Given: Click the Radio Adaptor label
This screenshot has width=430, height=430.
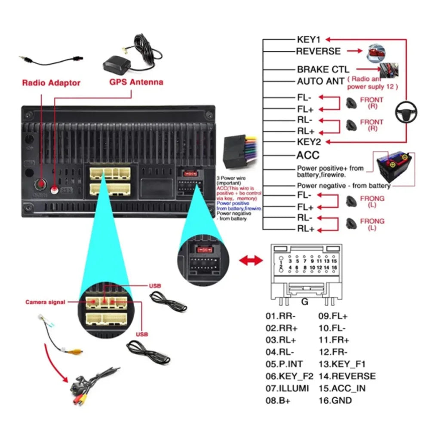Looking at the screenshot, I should coord(51,83).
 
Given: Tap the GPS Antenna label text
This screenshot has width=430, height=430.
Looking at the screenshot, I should coord(136,82).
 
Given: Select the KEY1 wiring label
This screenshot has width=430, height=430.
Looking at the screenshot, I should coord(309,39).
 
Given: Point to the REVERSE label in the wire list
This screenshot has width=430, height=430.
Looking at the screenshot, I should coord(318,51).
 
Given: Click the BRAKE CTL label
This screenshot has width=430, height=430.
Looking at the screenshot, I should coord(323,69).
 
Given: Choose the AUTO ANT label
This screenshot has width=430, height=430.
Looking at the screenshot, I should coord(320,81).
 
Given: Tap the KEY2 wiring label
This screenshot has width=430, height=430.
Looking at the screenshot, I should coord(309,142).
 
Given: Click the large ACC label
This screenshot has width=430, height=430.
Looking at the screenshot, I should coord(308,155).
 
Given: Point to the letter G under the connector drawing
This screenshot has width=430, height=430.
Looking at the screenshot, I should coord(304,302).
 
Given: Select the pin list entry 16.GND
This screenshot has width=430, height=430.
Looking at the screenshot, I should coord(335,400).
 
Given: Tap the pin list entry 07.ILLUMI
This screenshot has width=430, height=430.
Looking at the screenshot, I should coord(287,388).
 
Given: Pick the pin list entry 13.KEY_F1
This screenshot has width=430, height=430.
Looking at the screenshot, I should coord(342,364).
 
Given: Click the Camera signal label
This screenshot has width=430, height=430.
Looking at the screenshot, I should coord(45,302).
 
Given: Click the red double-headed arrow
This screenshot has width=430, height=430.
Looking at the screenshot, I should coord(251,260).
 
